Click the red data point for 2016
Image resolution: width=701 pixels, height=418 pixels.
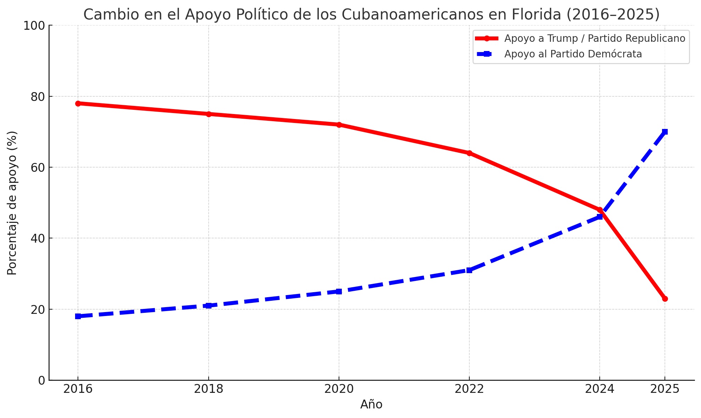[x=78, y=103]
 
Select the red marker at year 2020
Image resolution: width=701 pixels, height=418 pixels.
[x=339, y=125]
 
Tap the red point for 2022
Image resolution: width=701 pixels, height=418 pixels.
[x=469, y=153]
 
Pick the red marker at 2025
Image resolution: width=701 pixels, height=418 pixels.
[x=665, y=299]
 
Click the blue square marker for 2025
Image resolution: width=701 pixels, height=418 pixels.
[x=665, y=132]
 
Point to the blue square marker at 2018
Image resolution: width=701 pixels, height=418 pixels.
[x=209, y=305]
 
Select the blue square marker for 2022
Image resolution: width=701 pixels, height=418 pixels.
[x=469, y=270]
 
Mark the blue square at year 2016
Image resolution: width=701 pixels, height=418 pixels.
[x=78, y=316]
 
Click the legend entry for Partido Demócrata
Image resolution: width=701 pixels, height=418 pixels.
[x=573, y=54]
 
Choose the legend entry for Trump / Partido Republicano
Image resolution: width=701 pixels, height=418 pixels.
[x=594, y=38]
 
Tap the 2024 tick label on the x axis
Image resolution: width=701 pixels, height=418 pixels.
[x=599, y=389]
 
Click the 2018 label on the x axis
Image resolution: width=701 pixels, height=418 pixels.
[x=209, y=389]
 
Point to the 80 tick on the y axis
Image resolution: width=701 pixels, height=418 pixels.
[x=38, y=97]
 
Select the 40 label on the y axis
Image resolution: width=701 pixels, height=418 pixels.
[x=38, y=238]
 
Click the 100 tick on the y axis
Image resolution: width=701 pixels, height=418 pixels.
[x=35, y=26]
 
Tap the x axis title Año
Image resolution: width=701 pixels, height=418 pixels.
[x=371, y=405]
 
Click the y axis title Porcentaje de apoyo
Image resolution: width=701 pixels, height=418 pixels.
[x=12, y=203]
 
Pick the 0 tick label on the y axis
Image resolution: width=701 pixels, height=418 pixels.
[x=42, y=380]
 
